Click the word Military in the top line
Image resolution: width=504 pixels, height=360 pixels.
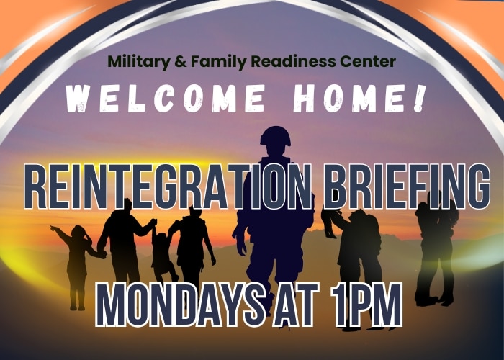coord(138,62)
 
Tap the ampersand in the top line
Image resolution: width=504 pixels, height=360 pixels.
coord(179,61)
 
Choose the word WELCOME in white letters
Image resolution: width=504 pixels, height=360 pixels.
coord(165,98)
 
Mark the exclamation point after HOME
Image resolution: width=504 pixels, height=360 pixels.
coord(420,98)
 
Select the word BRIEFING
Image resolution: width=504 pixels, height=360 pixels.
coord(407,187)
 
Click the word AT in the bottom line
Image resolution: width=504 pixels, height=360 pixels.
coord(296,305)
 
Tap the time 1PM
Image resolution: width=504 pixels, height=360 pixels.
coord(366,305)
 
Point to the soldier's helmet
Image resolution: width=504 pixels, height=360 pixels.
coord(276,135)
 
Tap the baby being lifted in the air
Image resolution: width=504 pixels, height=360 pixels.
coord(330,222)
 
